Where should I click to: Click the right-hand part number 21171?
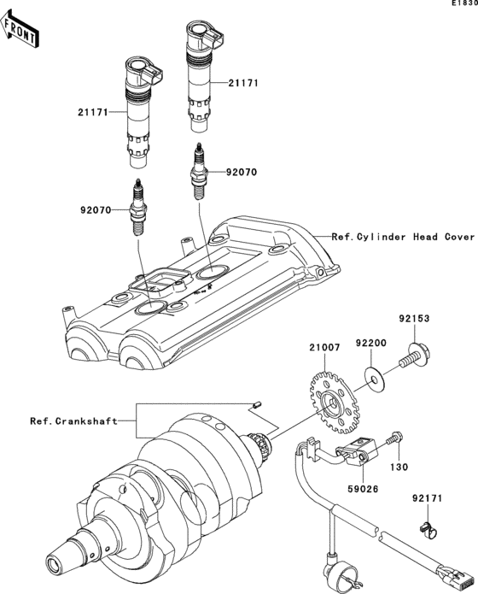pos(243,84)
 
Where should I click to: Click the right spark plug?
pos(198,171)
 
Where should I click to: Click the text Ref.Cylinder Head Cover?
pos(403,237)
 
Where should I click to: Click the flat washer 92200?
pos(373,375)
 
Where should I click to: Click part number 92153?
pos(413,319)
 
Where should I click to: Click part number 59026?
pos(365,491)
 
